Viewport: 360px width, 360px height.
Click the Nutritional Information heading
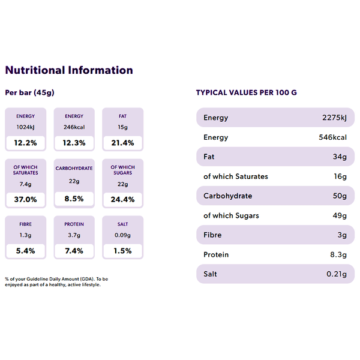(x=69, y=70)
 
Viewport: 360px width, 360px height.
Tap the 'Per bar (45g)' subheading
(x=29, y=92)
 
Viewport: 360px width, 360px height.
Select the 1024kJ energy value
(x=25, y=127)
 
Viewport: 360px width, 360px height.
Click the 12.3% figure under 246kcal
(x=74, y=143)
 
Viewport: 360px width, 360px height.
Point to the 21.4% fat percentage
(x=122, y=143)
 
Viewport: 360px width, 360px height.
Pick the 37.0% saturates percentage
(x=25, y=199)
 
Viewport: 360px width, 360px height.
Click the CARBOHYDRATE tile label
(x=74, y=168)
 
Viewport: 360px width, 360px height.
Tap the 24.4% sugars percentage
(x=122, y=199)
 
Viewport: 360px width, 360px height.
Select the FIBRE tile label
(x=25, y=224)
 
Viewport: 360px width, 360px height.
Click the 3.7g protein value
(x=74, y=235)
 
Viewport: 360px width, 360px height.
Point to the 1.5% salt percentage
(x=122, y=251)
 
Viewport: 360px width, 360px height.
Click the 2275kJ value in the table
(x=334, y=118)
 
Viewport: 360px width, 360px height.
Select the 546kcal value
(x=332, y=137)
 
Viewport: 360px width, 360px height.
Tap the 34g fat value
(x=340, y=157)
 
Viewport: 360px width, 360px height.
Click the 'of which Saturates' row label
(x=236, y=176)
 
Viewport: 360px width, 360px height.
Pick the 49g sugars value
(x=340, y=215)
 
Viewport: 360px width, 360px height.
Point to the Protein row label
(x=216, y=254)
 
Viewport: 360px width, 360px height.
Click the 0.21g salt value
(x=337, y=274)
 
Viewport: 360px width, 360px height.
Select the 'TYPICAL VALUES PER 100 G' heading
(x=247, y=92)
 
